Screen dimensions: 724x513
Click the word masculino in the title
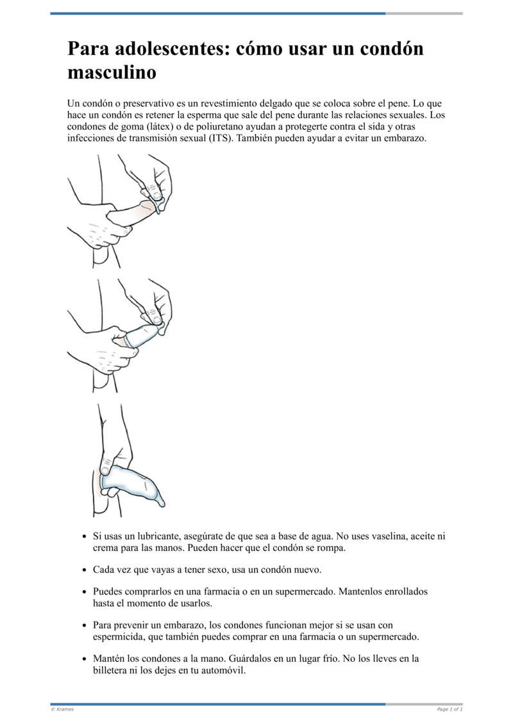point(112,72)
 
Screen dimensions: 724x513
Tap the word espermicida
point(121,637)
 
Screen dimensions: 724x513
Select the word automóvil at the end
point(223,671)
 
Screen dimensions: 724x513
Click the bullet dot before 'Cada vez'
point(85,570)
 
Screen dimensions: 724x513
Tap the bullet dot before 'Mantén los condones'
point(85,660)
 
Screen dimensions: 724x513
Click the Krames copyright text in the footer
point(62,709)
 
